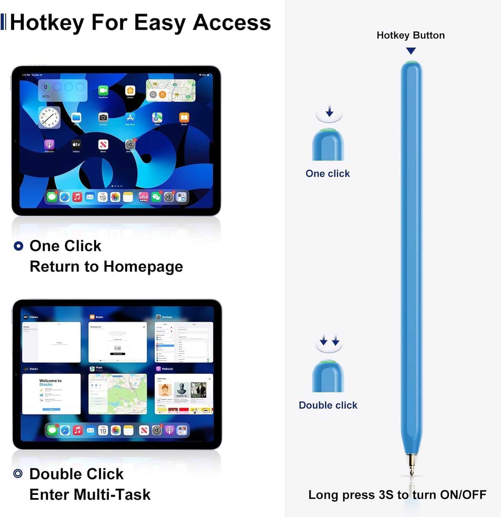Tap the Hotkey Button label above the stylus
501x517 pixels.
pos(410,35)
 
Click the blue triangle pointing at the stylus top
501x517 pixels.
pos(411,51)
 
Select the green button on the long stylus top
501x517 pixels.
pos(411,63)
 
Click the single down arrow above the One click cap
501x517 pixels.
pos(329,111)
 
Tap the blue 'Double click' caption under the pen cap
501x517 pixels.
pos(328,405)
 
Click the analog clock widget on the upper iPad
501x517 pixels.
pos(49,117)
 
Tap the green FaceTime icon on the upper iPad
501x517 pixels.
pos(103,91)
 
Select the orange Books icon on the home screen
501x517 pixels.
pos(184,118)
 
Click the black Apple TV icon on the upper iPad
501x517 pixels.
pos(76,144)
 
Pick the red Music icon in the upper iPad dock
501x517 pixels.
pos(77,197)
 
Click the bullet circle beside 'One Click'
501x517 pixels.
pos(18,246)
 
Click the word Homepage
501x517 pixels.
pos(143,267)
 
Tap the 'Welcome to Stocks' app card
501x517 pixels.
pos(51,394)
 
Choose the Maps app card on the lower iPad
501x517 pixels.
pos(117,394)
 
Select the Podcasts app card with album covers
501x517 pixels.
pos(184,394)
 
